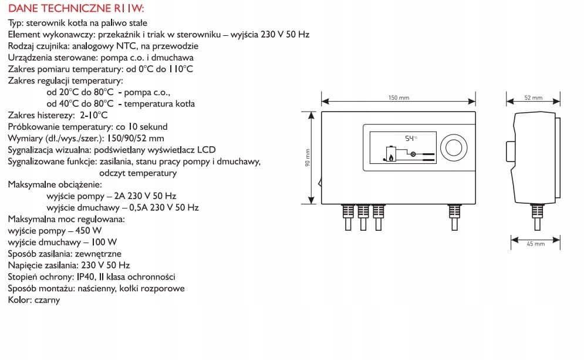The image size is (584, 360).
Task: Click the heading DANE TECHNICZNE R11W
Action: tap(76, 10)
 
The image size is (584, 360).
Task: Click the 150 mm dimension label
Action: tap(399, 97)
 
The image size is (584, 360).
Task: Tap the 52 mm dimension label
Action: tap(533, 97)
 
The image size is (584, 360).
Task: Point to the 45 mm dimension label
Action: tap(536, 243)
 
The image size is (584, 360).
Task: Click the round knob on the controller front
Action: tap(453, 147)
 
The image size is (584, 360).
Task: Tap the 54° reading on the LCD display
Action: tap(410, 138)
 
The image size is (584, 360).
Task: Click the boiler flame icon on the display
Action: tap(388, 154)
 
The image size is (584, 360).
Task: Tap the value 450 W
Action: tap(89, 230)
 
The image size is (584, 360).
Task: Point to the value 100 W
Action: tap(104, 242)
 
